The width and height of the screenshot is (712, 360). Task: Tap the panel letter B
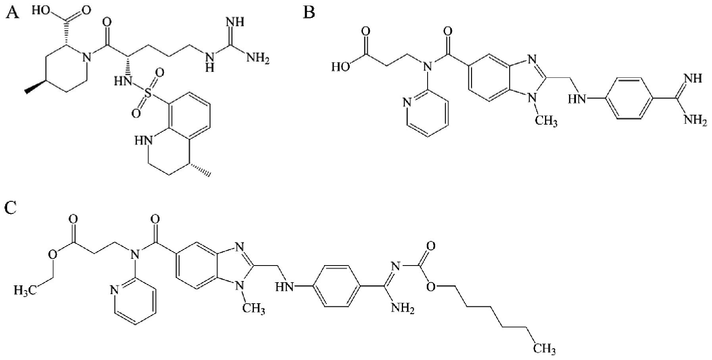click(x=309, y=12)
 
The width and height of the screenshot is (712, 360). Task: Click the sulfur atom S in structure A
click(x=148, y=93)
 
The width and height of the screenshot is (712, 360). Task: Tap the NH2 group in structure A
click(x=258, y=58)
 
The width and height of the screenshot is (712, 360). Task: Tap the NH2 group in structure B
click(x=695, y=119)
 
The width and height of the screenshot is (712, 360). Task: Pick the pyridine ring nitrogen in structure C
click(x=114, y=290)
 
